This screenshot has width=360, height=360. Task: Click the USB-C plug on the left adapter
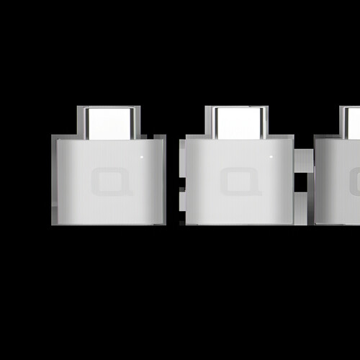tap(109, 122)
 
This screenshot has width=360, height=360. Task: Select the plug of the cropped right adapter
tap(351, 122)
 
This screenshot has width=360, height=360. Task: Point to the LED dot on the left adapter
tap(142, 156)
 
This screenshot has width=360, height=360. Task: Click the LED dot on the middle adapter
tap(270, 156)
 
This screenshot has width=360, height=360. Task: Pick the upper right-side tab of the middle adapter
tap(303, 159)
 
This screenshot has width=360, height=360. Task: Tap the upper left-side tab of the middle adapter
tap(182, 159)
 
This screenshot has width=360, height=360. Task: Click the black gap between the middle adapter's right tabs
tap(303, 182)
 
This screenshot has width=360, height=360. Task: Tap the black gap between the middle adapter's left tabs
tap(182, 182)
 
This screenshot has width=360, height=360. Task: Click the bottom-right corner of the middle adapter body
tap(292, 223)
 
